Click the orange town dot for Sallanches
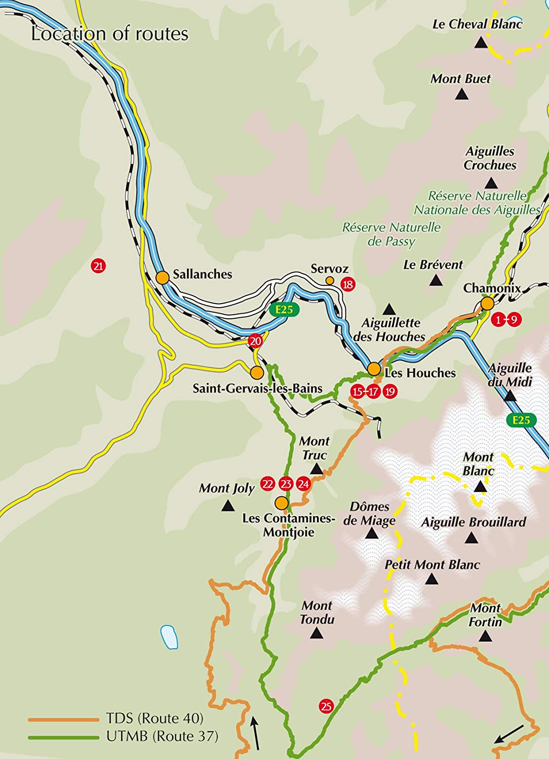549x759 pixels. point(162,277)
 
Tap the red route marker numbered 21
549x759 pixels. point(98,266)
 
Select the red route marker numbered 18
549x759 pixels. point(347,284)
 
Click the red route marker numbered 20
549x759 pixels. point(255,341)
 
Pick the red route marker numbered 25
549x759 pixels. point(326,706)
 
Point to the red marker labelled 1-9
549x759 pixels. point(506,320)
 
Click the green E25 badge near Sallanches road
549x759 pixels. point(284,309)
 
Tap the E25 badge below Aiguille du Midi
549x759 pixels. point(521,420)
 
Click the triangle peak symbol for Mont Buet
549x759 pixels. point(461,94)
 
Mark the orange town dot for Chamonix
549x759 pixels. point(487,304)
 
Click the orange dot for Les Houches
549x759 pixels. point(374,369)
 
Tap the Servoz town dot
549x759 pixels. point(330,280)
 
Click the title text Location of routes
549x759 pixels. point(109,34)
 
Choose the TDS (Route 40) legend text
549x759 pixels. point(154,718)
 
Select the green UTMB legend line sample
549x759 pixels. point(63,737)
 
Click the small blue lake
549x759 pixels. point(169,637)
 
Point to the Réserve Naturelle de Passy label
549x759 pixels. point(391,234)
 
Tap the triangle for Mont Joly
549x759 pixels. point(228,505)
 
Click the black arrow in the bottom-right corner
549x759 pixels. point(509,734)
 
